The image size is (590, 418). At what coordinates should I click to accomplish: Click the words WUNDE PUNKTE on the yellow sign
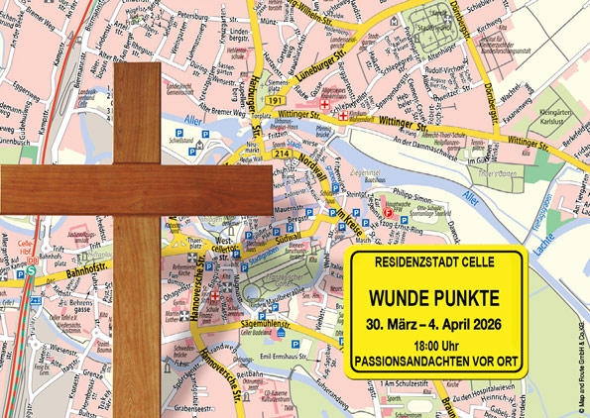pos(433,298)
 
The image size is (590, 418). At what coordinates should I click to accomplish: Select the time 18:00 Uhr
pos(433,344)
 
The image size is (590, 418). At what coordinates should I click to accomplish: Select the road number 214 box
pos(282,155)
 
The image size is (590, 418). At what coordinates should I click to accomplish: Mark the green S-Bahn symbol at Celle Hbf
pos(33,270)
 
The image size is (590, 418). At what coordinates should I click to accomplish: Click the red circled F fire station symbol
pos(388,211)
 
